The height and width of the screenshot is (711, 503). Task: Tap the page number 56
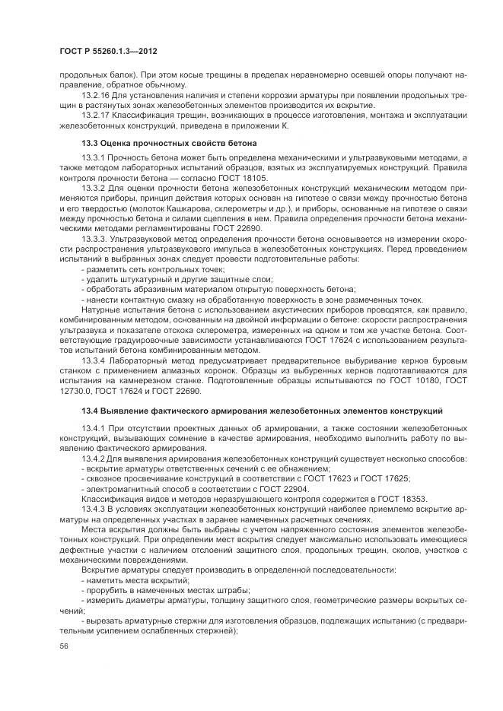pos(63,646)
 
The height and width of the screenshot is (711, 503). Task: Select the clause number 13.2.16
pos(94,96)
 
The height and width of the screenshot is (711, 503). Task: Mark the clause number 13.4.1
pos(92,428)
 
